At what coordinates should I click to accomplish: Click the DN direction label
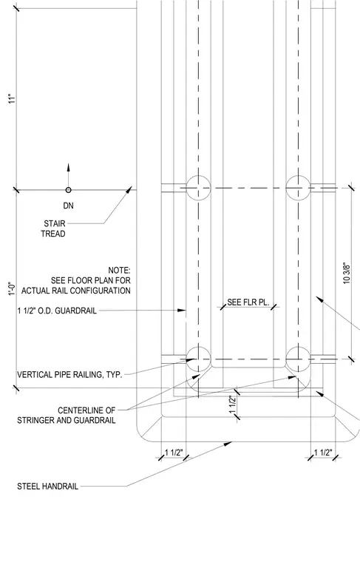[69, 206]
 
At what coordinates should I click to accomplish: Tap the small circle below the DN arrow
[69, 190]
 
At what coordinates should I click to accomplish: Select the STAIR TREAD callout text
[53, 228]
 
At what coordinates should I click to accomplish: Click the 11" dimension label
[13, 99]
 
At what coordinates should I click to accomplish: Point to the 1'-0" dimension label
[13, 288]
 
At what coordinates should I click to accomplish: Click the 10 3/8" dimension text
[347, 274]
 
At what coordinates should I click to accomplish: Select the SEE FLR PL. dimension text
[248, 302]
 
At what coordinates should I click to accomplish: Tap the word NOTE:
[119, 270]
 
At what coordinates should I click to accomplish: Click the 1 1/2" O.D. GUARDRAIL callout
[57, 311]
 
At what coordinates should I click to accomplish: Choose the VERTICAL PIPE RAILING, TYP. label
[69, 375]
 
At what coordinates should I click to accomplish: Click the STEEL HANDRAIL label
[47, 487]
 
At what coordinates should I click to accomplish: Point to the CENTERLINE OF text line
[86, 410]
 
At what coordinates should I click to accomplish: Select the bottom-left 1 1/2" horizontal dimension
[174, 453]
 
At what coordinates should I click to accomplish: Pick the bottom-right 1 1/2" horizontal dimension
[323, 453]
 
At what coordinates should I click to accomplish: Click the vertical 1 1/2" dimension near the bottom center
[232, 404]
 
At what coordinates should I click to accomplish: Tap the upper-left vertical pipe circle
[198, 187]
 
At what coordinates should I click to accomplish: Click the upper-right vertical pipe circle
[298, 187]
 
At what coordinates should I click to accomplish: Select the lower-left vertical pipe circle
[198, 359]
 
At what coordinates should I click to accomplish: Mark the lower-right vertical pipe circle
[298, 359]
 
